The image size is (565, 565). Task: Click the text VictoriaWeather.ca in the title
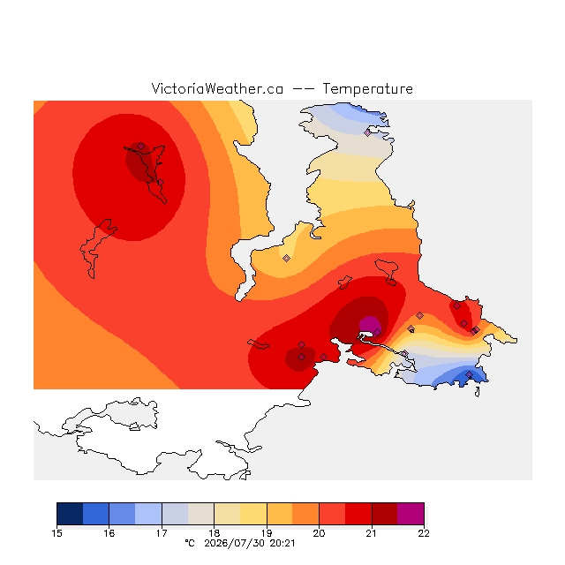coord(217,88)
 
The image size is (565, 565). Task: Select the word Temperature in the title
coord(367,88)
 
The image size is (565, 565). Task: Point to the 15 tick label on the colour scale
coord(56,533)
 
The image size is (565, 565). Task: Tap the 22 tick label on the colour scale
coord(424,533)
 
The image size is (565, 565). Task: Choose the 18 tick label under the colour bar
coord(214,533)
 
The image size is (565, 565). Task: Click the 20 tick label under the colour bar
coord(319,533)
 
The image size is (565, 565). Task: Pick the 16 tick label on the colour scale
coord(109,533)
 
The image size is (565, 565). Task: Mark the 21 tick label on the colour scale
coord(371,533)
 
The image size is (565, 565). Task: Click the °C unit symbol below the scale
coord(190,543)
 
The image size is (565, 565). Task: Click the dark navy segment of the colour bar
coord(70,514)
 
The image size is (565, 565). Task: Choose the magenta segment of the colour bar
coord(411,514)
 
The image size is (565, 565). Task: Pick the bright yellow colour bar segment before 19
coord(253,514)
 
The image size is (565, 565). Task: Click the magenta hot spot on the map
coord(370,324)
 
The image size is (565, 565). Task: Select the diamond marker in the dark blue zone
coord(469,374)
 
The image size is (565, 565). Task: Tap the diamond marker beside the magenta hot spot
coord(377,332)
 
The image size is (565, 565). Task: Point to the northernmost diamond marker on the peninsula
coord(367,132)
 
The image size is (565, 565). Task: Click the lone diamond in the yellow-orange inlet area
coord(286,258)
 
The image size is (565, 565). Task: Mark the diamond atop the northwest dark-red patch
coord(140,146)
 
